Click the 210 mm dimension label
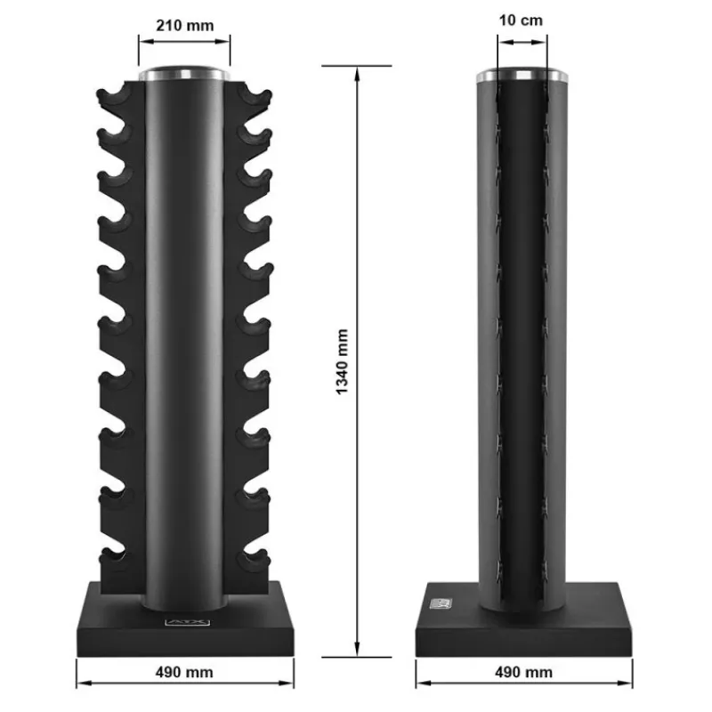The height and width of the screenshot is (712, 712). click(x=185, y=26)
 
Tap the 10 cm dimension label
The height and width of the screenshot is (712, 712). click(x=521, y=20)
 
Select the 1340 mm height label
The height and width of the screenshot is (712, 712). click(x=343, y=362)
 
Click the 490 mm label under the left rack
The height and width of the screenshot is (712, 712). click(x=184, y=672)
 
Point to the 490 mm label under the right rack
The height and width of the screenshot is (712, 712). click(x=523, y=672)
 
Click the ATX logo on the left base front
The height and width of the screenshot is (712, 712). click(x=187, y=622)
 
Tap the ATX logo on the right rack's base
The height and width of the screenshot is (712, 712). click(x=441, y=603)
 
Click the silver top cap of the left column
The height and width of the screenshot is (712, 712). click(x=184, y=74)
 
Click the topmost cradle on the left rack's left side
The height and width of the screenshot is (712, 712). click(x=115, y=96)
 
